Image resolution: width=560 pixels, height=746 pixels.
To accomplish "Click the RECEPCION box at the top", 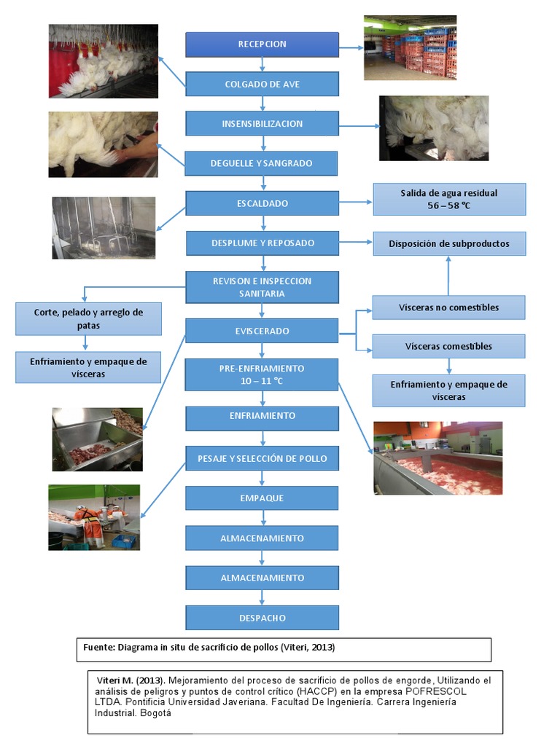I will pyautogui.click(x=262, y=44).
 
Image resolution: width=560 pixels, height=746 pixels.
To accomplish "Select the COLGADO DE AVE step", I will pyautogui.click(x=262, y=84).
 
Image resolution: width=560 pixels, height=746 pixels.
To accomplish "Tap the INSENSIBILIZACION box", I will pyautogui.click(x=262, y=124).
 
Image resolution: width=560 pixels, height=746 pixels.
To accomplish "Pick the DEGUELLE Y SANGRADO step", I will pyautogui.click(x=262, y=163).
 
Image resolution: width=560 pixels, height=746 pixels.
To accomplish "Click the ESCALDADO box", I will pyautogui.click(x=262, y=203).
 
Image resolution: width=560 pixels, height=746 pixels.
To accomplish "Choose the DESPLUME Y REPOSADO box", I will pyautogui.click(x=262, y=243).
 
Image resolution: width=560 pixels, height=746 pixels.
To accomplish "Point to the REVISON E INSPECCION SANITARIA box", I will pyautogui.click(x=262, y=287).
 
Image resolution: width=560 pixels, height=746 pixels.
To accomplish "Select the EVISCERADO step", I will pyautogui.click(x=262, y=331).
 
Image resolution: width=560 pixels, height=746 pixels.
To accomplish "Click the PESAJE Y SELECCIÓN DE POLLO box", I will pyautogui.click(x=262, y=458).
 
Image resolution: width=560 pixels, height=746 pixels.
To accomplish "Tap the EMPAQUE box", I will pyautogui.click(x=262, y=498).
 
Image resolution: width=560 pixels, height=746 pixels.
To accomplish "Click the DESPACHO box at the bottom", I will pyautogui.click(x=262, y=618).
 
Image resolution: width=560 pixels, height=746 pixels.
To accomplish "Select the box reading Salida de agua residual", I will pyautogui.click(x=448, y=199).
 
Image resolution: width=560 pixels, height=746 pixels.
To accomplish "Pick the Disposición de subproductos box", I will pyautogui.click(x=448, y=244).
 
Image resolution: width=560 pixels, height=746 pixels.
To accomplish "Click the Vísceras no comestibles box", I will pyautogui.click(x=448, y=307).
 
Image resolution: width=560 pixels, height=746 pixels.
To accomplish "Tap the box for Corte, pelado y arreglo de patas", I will pyautogui.click(x=88, y=319).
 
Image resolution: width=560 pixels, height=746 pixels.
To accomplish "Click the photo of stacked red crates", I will pyautogui.click(x=410, y=47).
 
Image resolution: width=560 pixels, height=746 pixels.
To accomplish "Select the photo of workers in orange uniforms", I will pyautogui.click(x=94, y=517).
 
